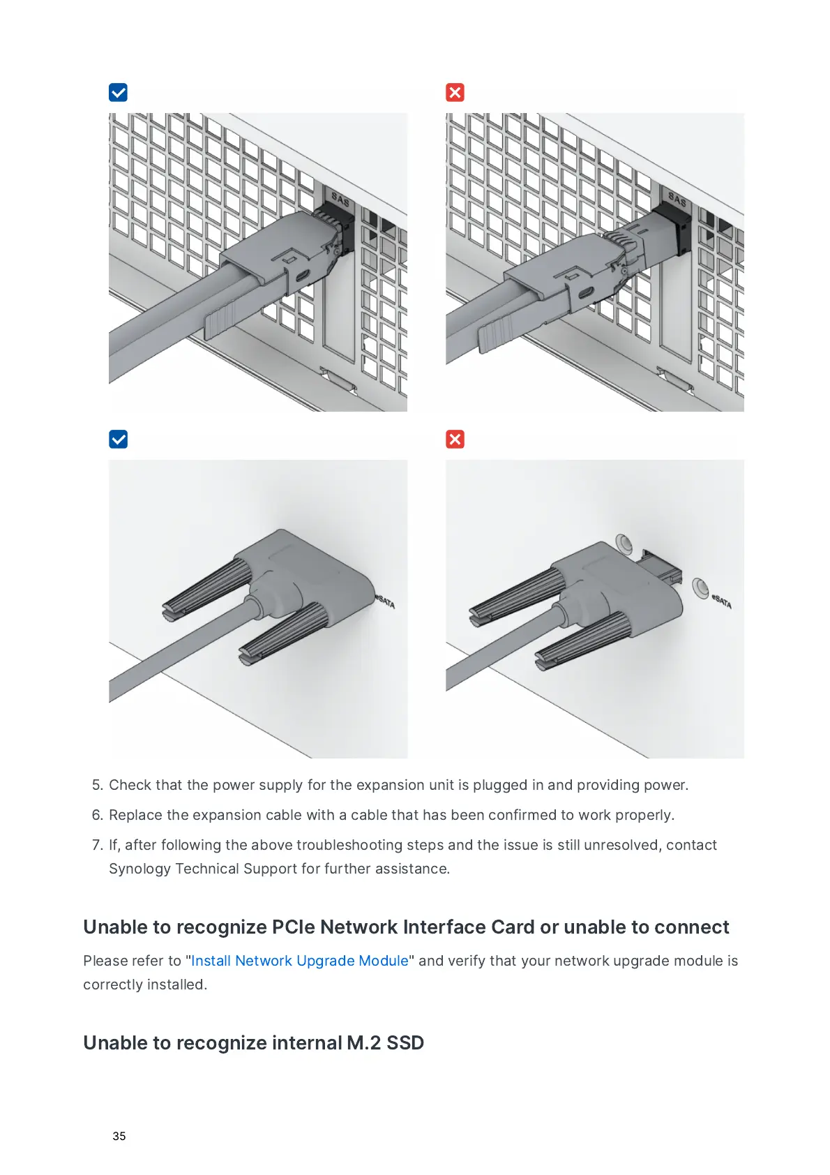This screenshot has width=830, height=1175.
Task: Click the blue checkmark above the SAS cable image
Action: pyautogui.click(x=118, y=92)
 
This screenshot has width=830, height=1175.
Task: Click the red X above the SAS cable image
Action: pyautogui.click(x=455, y=92)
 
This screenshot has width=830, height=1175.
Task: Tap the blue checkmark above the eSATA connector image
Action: pyautogui.click(x=118, y=439)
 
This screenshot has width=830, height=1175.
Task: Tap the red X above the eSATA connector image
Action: pyautogui.click(x=455, y=439)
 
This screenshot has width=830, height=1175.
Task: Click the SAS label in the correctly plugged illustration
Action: pyautogui.click(x=340, y=200)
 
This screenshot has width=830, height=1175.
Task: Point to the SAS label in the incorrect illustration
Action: pyautogui.click(x=677, y=200)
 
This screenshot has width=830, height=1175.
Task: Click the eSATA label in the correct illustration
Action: pyautogui.click(x=386, y=601)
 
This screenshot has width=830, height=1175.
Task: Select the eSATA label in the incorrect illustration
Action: pyautogui.click(x=722, y=601)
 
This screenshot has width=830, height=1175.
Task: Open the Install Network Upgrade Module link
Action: pyautogui.click(x=299, y=961)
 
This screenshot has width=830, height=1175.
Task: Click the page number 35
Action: pyautogui.click(x=119, y=1136)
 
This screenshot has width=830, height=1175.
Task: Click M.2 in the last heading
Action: pyautogui.click(x=364, y=1043)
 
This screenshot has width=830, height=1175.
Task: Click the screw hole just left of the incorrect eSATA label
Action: pyautogui.click(x=700, y=587)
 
